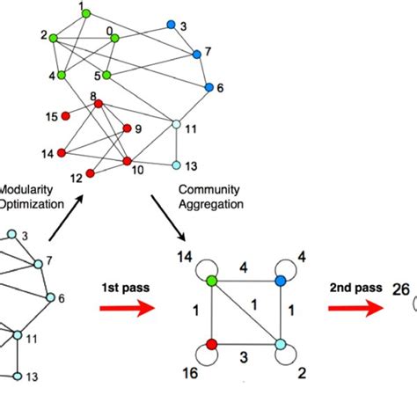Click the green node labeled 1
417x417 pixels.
pyautogui.click(x=85, y=16)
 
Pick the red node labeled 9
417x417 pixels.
pyautogui.click(x=128, y=128)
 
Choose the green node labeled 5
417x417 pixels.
pyautogui.click(x=106, y=76)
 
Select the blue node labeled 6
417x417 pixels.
pyautogui.click(x=209, y=87)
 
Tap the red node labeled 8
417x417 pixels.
pyautogui.click(x=99, y=104)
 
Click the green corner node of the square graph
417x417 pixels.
pyautogui.click(x=212, y=282)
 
